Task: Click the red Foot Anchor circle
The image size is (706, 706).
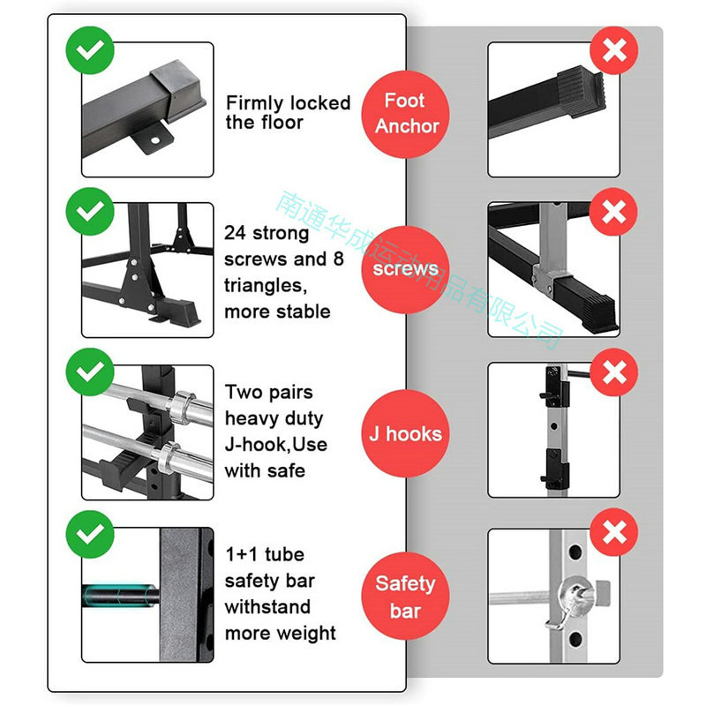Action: click(405, 115)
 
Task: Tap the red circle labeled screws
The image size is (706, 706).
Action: click(405, 269)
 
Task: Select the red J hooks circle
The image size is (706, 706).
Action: click(405, 433)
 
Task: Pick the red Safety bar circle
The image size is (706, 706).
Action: click(405, 596)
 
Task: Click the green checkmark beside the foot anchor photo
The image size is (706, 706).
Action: click(90, 50)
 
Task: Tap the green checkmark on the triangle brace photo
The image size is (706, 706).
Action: click(90, 211)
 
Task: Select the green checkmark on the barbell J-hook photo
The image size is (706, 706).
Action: click(90, 372)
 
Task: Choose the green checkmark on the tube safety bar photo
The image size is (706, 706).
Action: click(90, 535)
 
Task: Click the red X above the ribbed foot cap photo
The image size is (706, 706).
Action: click(614, 50)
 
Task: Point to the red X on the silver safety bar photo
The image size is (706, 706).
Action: click(614, 533)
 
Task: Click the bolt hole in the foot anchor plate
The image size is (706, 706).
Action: click(155, 140)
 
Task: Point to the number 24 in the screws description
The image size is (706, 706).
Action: click(236, 233)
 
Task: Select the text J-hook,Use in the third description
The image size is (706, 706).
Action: click(276, 445)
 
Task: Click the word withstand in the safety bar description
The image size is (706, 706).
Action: click(267, 607)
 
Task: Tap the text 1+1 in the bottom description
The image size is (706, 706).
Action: click(242, 555)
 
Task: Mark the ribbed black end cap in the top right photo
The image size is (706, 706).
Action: click(582, 92)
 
